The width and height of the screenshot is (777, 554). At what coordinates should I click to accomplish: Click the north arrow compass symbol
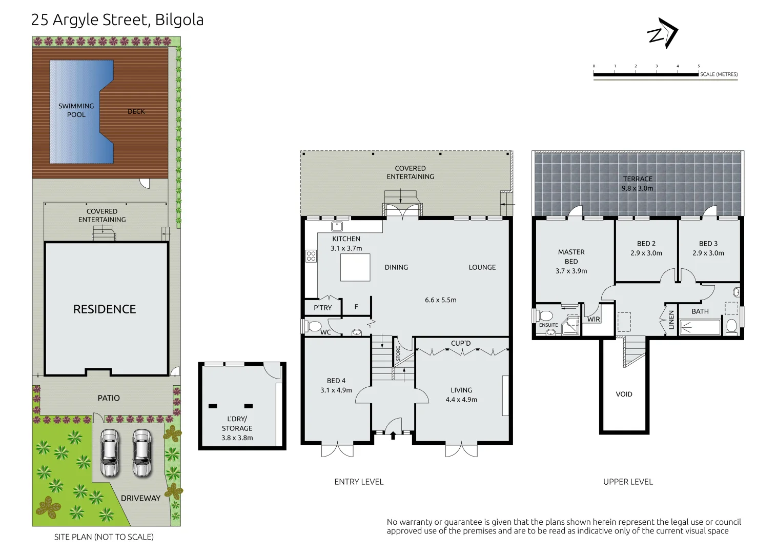tap(663, 34)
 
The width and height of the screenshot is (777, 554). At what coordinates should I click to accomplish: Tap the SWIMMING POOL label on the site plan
tap(76, 110)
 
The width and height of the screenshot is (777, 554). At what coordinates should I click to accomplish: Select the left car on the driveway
tap(110, 453)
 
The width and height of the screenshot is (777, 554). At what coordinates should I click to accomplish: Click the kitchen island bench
tap(355, 267)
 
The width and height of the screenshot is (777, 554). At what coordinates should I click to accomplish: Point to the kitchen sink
tap(337, 227)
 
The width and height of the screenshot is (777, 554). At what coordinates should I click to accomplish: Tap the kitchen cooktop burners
tap(311, 256)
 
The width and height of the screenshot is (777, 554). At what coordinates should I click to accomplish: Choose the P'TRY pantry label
tap(322, 308)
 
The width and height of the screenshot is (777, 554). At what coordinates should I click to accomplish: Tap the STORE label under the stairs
tap(398, 353)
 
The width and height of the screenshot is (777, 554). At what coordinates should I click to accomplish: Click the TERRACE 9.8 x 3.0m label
tap(638, 184)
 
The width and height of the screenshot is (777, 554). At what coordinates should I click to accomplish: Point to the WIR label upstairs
tap(594, 319)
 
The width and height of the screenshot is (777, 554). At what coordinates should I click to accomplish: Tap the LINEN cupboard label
tap(671, 320)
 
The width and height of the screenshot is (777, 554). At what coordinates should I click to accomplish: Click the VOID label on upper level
tap(624, 394)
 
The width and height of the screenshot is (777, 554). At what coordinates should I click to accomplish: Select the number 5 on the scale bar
tap(699, 66)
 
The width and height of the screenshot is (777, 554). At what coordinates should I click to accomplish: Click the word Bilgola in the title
tap(179, 20)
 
